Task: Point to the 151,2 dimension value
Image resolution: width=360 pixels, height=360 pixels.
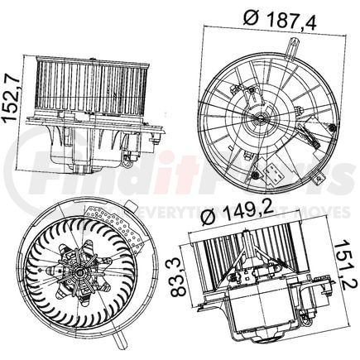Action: (x=348, y=270)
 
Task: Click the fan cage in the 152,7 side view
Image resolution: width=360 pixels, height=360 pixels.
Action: (x=94, y=87)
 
